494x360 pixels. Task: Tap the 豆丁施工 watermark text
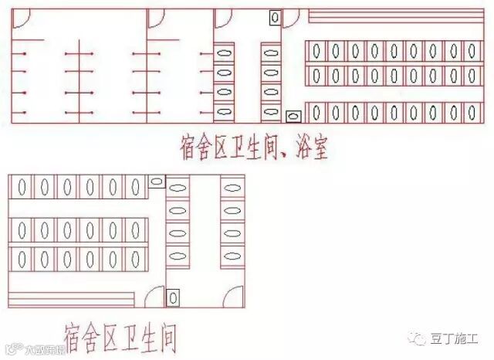(x=457, y=338)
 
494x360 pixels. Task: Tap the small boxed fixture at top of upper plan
(x=275, y=17)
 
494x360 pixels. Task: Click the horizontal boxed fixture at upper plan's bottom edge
(x=293, y=117)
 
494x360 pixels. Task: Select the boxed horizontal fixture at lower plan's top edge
(x=156, y=182)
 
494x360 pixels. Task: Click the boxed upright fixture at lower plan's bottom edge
(x=174, y=297)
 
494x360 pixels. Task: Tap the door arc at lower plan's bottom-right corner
(x=235, y=295)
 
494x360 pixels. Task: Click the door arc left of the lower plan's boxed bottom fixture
(x=154, y=296)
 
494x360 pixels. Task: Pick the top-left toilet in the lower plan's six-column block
(x=23, y=187)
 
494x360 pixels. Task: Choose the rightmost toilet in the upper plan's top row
(x=472, y=52)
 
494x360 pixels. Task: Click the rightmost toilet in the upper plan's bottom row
(x=472, y=113)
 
